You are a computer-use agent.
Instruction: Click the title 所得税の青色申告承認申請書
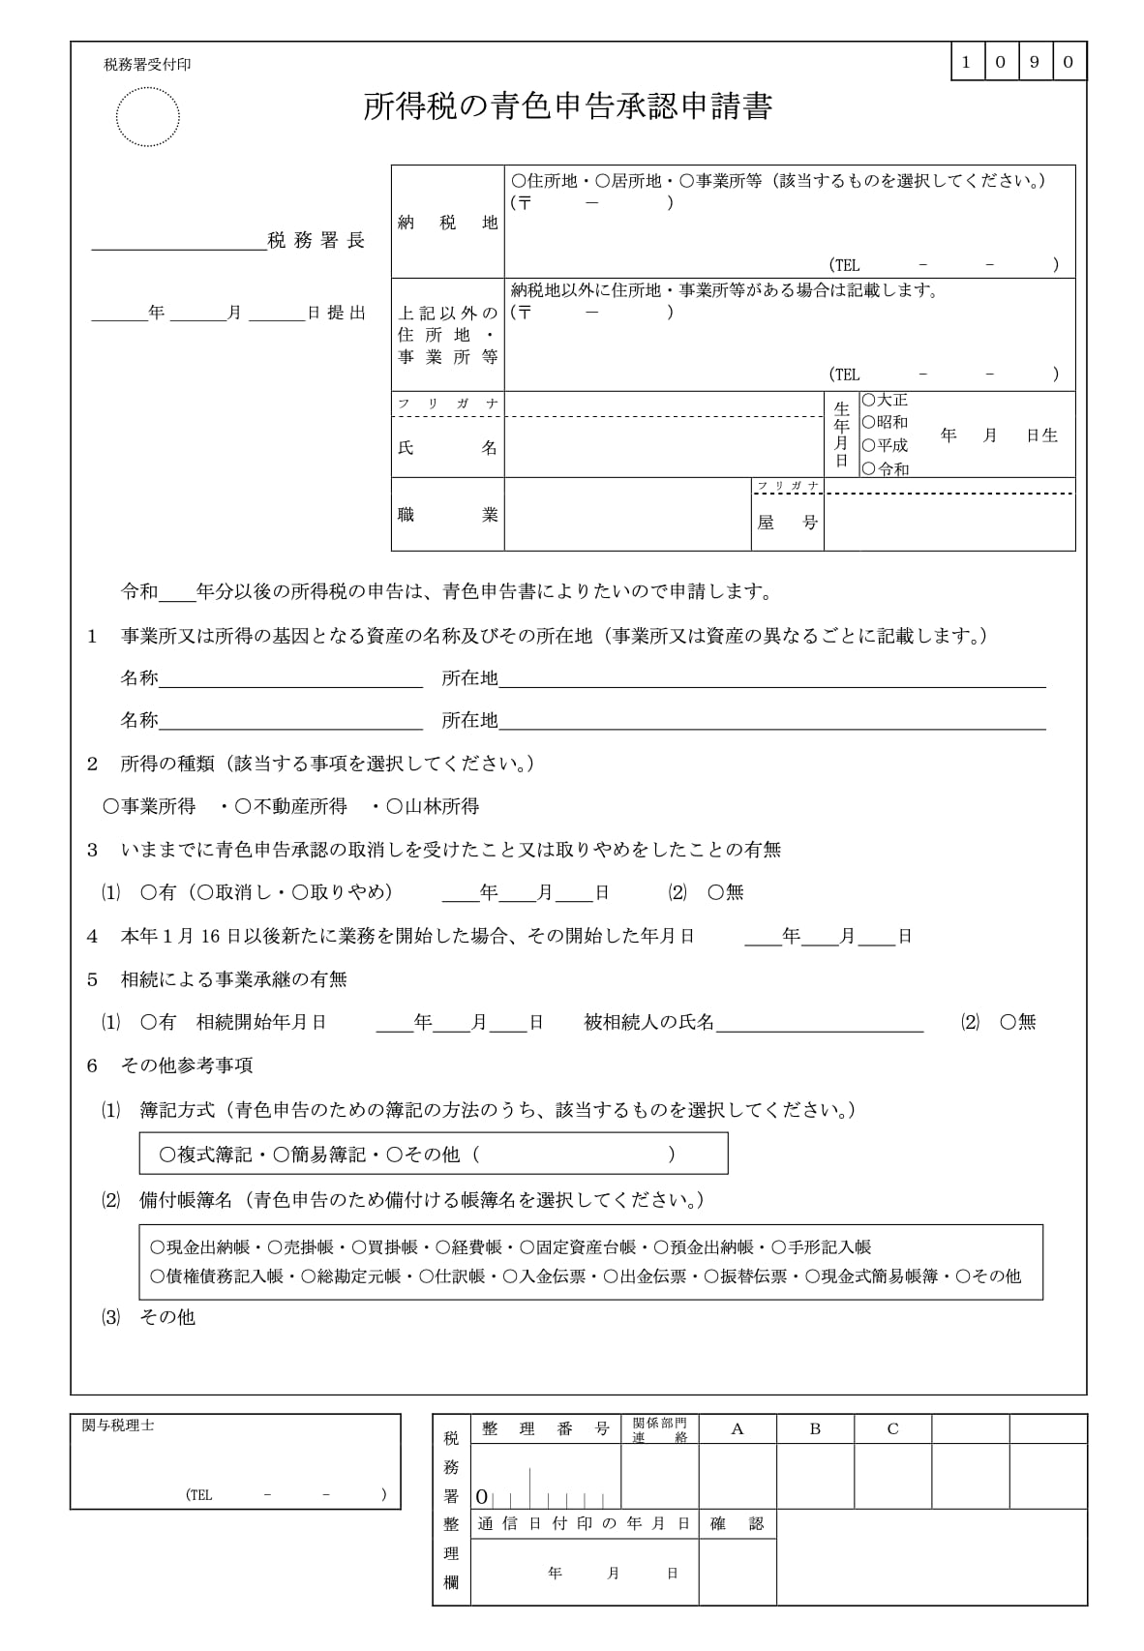click(567, 107)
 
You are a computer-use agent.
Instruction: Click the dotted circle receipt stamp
click(147, 117)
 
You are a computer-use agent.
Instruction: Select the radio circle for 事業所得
click(111, 806)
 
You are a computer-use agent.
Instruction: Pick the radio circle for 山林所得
click(395, 806)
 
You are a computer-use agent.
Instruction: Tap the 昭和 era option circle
click(869, 422)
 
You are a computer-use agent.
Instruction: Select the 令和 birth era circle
click(869, 468)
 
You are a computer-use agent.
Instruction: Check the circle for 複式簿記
click(167, 1154)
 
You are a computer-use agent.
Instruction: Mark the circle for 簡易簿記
click(282, 1154)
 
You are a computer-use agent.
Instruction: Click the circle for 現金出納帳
click(158, 1247)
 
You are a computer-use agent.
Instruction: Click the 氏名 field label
click(447, 448)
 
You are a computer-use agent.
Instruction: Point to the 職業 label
click(447, 515)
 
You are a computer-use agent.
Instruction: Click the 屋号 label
click(787, 523)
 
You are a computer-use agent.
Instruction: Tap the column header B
click(815, 1428)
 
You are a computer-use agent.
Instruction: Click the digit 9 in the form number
click(1035, 62)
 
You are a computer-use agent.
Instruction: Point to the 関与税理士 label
click(118, 1426)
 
